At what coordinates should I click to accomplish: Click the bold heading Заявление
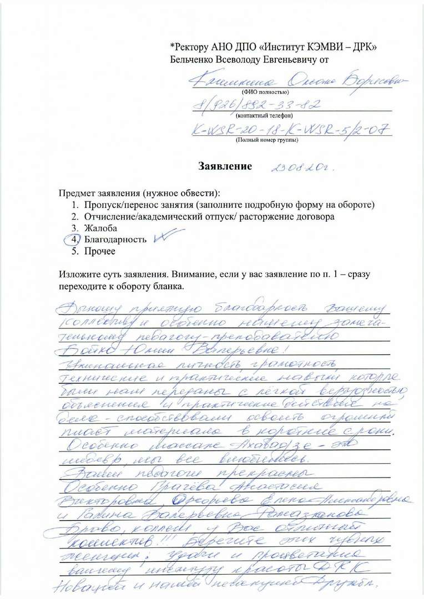pyautogui.click(x=225, y=166)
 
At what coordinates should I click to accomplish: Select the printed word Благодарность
pyautogui.click(x=115, y=240)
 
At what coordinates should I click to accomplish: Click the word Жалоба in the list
pyautogui.click(x=101, y=228)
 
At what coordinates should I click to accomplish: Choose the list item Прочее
pyautogui.click(x=100, y=251)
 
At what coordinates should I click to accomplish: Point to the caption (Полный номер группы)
pyautogui.click(x=267, y=140)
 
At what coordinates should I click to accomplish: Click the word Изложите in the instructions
pyautogui.click(x=79, y=276)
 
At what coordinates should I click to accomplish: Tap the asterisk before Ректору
pyautogui.click(x=173, y=46)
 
